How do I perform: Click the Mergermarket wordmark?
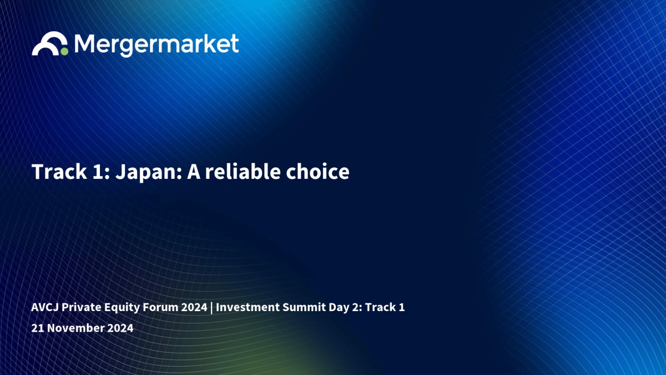[157, 45]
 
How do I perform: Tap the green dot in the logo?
[64, 52]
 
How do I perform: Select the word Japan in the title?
[149, 172]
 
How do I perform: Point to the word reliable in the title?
[243, 172]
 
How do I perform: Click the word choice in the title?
[317, 172]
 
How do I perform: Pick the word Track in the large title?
[59, 172]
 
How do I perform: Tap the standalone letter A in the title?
[194, 172]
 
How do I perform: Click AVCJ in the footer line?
[45, 307]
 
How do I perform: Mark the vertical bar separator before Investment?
[211, 308]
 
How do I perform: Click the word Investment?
[248, 307]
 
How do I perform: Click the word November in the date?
[75, 328]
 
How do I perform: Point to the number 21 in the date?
[38, 328]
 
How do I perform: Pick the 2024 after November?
[120, 328]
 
